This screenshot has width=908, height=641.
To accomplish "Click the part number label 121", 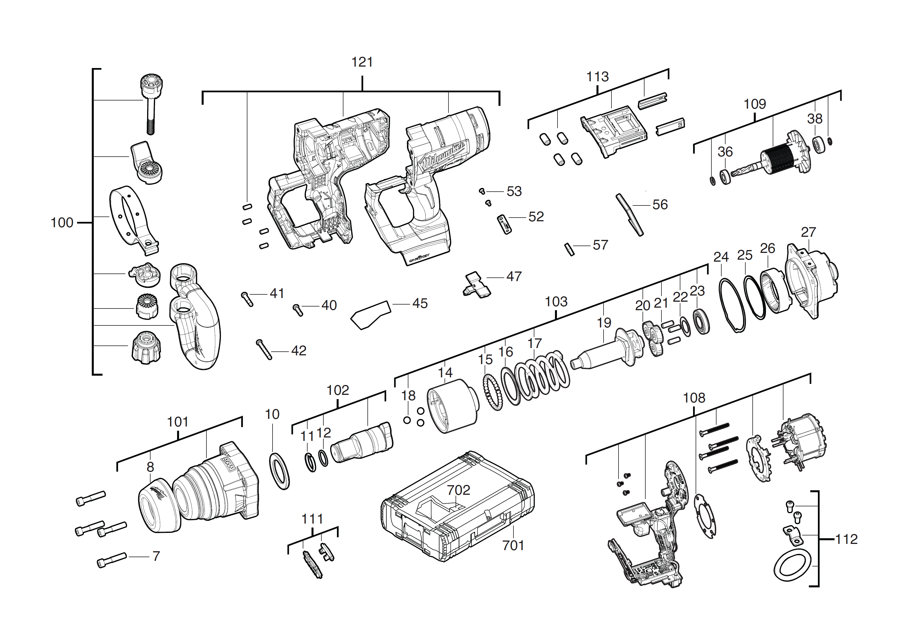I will pos(362,62).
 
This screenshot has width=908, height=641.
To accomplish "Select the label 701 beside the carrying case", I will pos(513,545).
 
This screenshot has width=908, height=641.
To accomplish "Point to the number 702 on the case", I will pos(458,490).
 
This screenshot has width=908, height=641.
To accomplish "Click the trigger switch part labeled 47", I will pos(476,285).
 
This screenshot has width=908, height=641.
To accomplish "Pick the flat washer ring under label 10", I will pos(279,471).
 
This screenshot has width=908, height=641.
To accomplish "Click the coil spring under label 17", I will pos(542,375).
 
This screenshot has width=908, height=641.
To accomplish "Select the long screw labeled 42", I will pos(264,349).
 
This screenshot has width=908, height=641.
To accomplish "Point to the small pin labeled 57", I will pos(569,249).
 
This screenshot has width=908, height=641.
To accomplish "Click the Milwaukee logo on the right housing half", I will pos(443,156).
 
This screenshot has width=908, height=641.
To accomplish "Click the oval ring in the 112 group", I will pos(792,567).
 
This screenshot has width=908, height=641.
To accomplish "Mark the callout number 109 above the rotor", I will pos(755,104).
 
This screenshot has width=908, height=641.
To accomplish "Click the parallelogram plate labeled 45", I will pos(371,314).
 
